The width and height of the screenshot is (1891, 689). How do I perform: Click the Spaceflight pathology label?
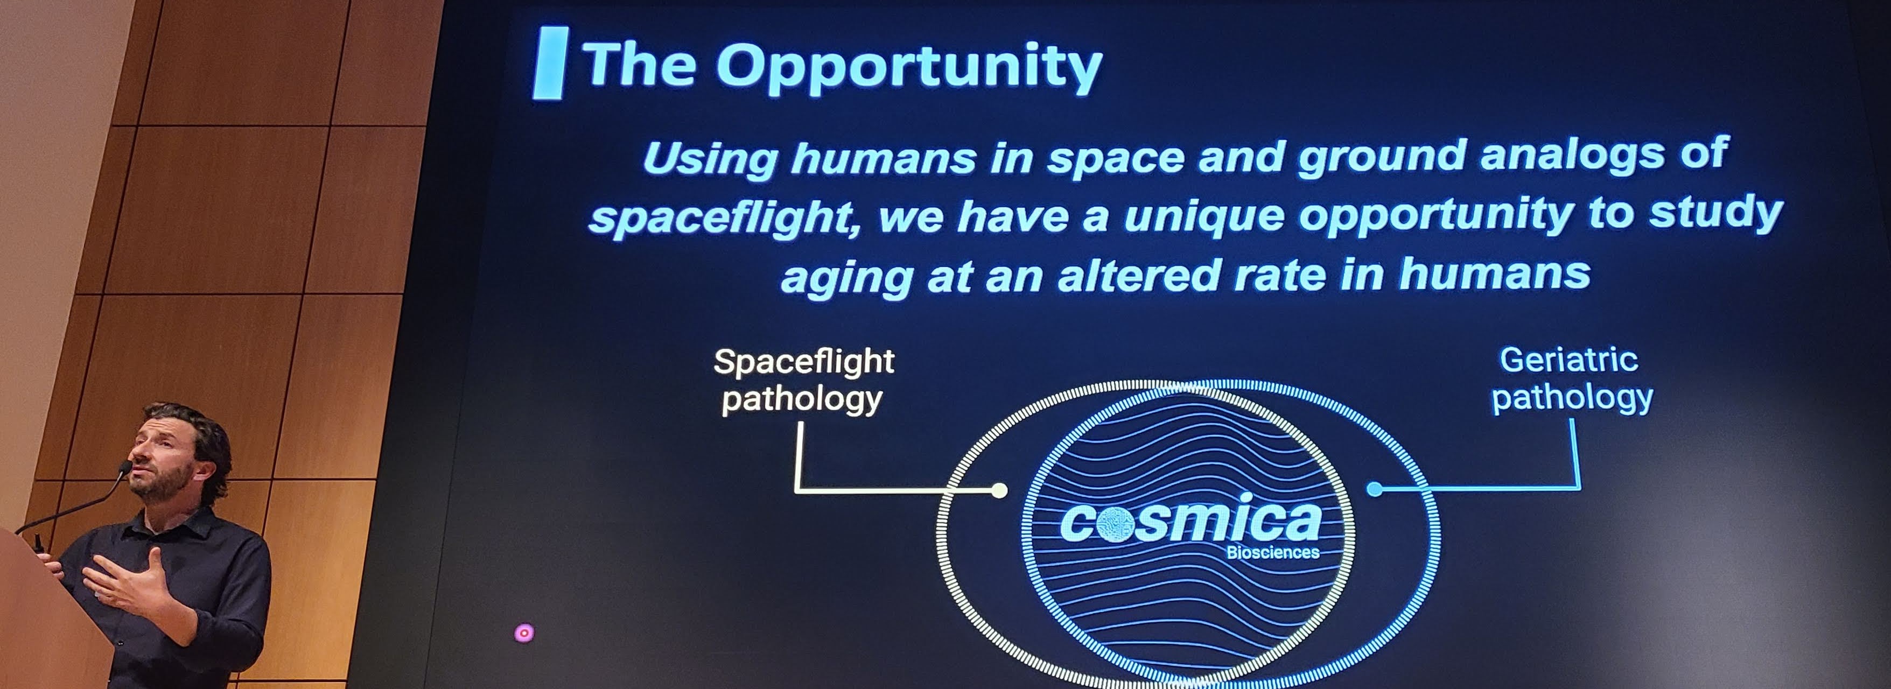pyautogui.click(x=804, y=381)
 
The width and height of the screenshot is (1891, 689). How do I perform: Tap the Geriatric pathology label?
pyautogui.click(x=1571, y=379)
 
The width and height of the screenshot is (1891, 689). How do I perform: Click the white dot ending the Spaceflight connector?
pyautogui.click(x=999, y=490)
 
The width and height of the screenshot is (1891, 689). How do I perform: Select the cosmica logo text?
pyautogui.click(x=1190, y=519)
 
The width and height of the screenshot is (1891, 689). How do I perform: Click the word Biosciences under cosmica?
pyautogui.click(x=1273, y=552)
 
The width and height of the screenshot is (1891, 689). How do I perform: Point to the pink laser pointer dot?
pyautogui.click(x=523, y=632)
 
